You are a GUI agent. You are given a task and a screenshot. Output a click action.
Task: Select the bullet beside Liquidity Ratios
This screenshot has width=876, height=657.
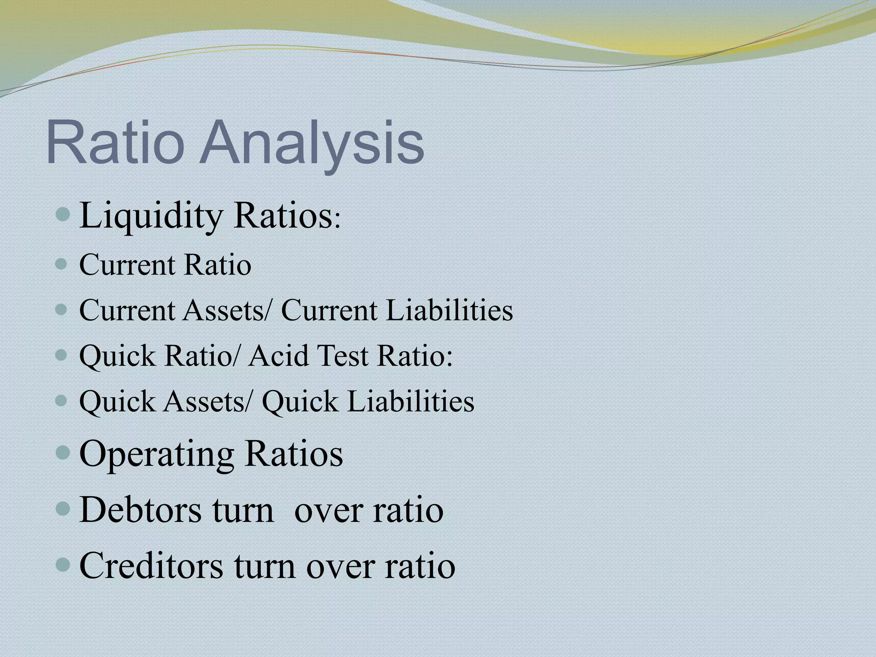click(63, 213)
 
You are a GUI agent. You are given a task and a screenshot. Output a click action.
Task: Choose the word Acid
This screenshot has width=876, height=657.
click(278, 355)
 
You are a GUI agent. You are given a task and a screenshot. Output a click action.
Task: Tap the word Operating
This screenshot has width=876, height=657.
click(157, 454)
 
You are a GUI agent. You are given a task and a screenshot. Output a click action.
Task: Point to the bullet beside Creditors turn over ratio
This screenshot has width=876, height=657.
click(63, 564)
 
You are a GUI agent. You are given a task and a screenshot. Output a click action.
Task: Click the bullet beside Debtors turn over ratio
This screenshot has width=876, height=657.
click(63, 509)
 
